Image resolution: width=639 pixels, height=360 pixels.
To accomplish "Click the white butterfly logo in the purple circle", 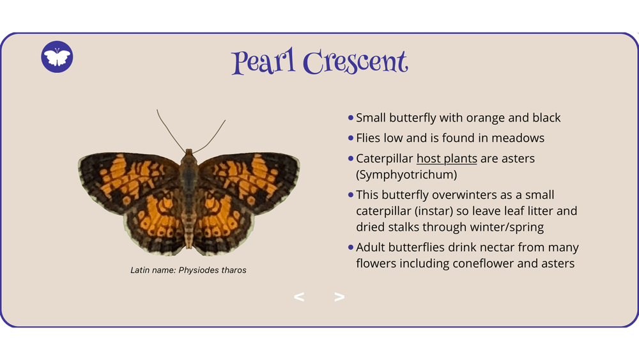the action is [x=57, y=57].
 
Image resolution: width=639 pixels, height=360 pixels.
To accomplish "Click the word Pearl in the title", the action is [x=263, y=61].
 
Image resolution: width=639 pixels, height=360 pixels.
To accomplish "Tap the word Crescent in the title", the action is [x=355, y=62].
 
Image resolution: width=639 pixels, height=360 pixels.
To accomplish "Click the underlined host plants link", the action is [x=447, y=158].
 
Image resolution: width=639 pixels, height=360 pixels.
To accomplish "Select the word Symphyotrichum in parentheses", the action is [x=406, y=175].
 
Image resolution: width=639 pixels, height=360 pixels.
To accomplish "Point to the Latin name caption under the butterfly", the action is [x=189, y=270].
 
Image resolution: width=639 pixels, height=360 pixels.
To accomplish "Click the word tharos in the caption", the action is [x=235, y=270].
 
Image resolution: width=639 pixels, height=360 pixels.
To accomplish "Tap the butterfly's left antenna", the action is [x=171, y=131].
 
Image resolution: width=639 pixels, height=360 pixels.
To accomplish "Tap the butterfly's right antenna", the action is [x=210, y=136].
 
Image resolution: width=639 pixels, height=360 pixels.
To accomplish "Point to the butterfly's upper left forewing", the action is [x=128, y=180].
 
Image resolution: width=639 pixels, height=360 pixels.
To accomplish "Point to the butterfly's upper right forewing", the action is [x=249, y=180].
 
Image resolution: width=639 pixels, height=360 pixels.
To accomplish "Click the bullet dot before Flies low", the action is [x=350, y=138].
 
